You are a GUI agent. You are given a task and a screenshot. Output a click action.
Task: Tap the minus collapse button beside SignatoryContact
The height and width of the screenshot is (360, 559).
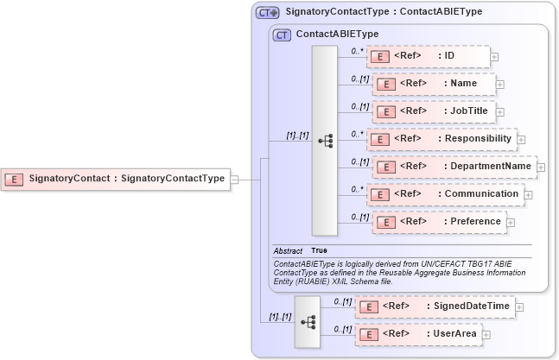coord(234,179)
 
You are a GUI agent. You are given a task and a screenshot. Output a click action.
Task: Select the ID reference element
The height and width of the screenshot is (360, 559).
coord(428,56)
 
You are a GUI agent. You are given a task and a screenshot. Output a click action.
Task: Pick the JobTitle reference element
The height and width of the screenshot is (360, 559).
coord(434,111)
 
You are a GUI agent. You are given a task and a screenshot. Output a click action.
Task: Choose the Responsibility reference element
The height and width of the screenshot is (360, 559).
coord(441,138)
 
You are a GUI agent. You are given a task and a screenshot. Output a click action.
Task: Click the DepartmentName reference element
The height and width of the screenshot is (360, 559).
coord(454,166)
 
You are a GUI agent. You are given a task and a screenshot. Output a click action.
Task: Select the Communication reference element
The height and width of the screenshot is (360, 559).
coord(445,194)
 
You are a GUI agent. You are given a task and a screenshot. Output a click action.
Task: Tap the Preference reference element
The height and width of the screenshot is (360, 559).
coord(438,222)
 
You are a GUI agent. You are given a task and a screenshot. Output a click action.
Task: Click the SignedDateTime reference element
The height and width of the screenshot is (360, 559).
coord(436,306)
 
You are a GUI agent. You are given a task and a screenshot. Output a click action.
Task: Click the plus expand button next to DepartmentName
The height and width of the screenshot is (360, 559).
coord(541,167)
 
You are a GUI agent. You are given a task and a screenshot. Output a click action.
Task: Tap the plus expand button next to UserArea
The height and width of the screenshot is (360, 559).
coord(486,334)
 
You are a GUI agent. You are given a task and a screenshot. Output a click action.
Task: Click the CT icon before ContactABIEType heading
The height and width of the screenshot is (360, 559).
coord(281,35)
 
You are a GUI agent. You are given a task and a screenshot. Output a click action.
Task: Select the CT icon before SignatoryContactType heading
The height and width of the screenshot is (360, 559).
coord(267,13)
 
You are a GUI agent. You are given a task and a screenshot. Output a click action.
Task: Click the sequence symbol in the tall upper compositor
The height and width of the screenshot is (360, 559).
coord(325,141)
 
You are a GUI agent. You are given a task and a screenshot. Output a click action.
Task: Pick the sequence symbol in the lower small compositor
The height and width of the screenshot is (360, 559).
coord(307,321)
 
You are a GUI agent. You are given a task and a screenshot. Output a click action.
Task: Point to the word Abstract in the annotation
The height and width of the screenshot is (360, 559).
coord(288,250)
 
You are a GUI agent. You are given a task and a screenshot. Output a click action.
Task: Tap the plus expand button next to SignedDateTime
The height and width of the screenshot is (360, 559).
coord(520,306)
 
